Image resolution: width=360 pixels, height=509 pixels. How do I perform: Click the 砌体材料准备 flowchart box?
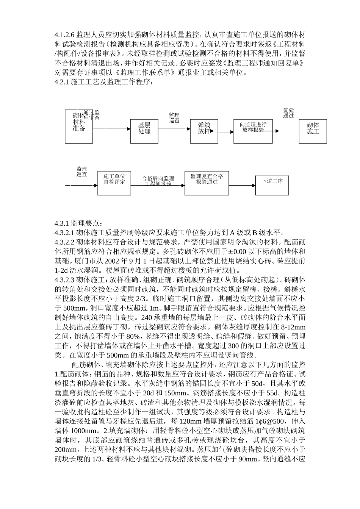79,126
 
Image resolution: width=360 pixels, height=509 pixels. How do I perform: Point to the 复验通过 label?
288,113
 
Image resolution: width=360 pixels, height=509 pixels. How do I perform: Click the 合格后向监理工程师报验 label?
158,181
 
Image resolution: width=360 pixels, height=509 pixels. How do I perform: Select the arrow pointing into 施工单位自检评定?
82,186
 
